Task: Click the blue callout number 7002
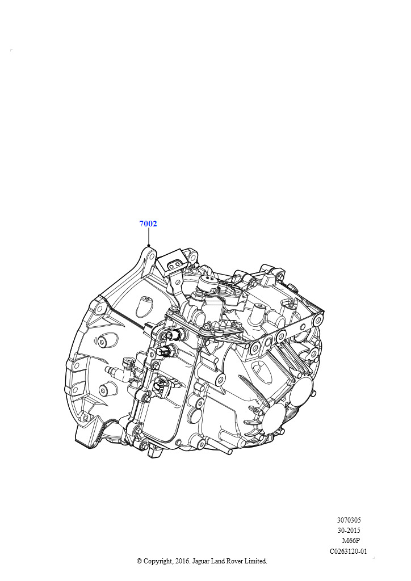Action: pyautogui.click(x=148, y=224)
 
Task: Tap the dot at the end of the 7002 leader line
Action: pyautogui.click(x=148, y=245)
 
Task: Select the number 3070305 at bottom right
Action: pyautogui.click(x=349, y=520)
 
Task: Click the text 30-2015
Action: pyautogui.click(x=349, y=531)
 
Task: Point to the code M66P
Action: pyautogui.click(x=351, y=541)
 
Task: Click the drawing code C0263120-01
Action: pyautogui.click(x=349, y=551)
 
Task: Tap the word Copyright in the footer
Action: pyautogui.click(x=158, y=561)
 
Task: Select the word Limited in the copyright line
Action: pyautogui.click(x=255, y=561)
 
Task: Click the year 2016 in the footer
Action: pyautogui.click(x=181, y=561)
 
